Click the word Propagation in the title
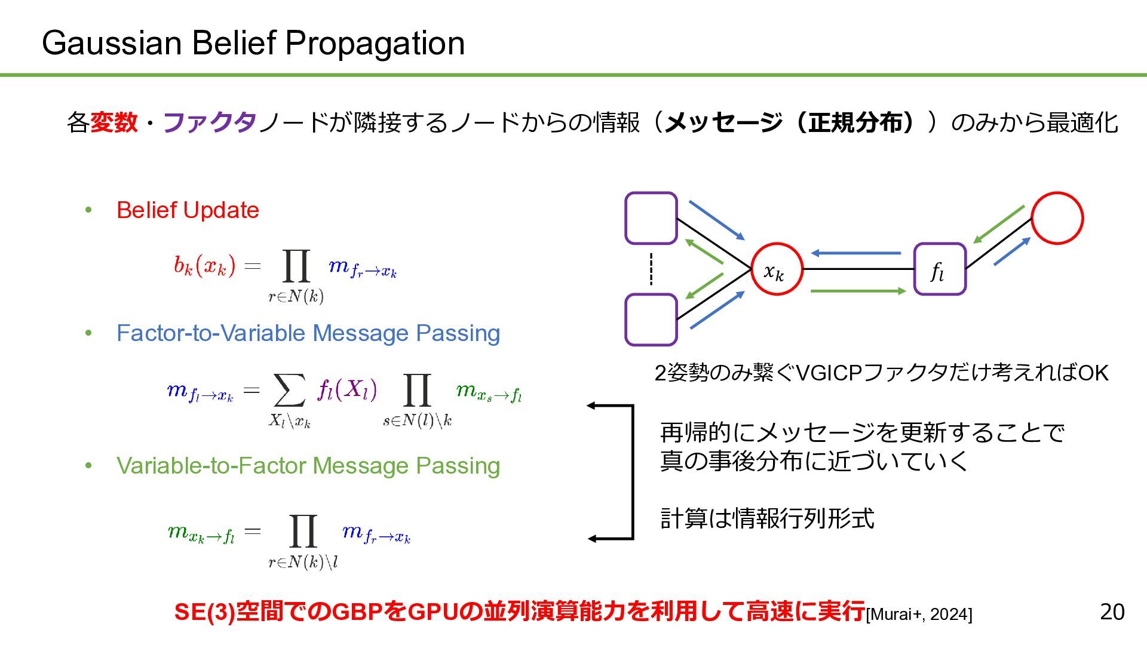(375, 43)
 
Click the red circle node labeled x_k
(776, 269)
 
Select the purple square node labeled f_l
(940, 269)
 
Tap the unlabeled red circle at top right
(1057, 218)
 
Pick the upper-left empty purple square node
(651, 218)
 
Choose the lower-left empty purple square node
(651, 320)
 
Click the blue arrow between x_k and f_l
(855, 253)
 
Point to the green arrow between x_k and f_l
(858, 291)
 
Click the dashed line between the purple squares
(651, 269)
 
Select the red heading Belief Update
(188, 210)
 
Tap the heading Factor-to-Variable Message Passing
(308, 333)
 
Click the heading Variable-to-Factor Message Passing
(308, 466)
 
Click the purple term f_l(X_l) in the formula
(347, 390)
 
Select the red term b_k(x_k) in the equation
(204, 265)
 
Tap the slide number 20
(1112, 612)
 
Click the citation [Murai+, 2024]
(919, 615)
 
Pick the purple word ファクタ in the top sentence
(210, 122)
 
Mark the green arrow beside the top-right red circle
(999, 225)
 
